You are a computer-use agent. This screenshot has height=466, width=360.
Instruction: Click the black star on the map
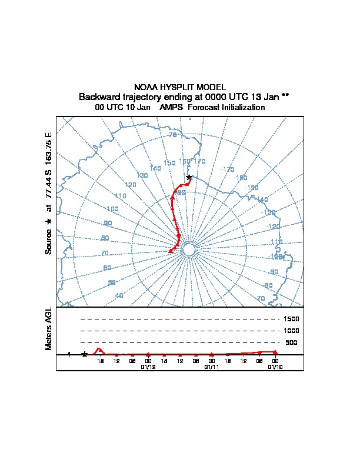(189, 177)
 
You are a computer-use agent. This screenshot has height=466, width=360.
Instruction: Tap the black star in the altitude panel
(85, 354)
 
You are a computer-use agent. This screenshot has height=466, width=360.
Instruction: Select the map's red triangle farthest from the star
(171, 251)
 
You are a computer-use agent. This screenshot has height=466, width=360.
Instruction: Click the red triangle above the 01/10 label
(275, 352)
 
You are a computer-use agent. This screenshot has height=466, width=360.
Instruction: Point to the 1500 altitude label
(292, 319)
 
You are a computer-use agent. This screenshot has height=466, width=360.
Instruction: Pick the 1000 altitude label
(292, 331)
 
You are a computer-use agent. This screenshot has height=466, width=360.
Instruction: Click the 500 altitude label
(291, 342)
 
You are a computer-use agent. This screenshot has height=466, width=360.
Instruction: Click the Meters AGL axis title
(49, 328)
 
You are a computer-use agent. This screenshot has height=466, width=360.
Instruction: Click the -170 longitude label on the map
(227, 169)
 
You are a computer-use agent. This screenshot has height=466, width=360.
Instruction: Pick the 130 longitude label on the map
(142, 175)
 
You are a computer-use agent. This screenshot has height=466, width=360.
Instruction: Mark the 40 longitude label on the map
(119, 295)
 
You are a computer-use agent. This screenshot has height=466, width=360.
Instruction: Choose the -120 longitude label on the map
(273, 227)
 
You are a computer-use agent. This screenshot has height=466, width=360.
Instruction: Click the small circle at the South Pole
(189, 250)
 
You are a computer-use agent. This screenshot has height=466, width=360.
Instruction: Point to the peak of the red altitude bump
(98, 348)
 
